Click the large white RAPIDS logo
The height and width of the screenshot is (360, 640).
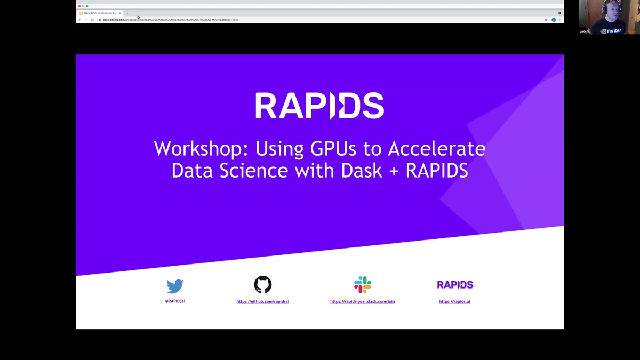click(319, 106)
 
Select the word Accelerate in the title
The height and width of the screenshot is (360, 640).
click(436, 148)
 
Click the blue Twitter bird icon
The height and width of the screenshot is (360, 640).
click(175, 286)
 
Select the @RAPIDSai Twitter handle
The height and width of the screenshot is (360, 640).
click(175, 301)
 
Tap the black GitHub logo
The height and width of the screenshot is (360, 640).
click(262, 285)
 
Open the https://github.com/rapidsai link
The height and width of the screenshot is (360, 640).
click(262, 301)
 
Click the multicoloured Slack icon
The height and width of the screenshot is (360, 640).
click(362, 285)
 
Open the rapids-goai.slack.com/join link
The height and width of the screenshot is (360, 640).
click(362, 301)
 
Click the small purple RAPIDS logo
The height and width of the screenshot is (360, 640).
click(455, 285)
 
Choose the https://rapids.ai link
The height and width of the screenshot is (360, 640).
click(454, 301)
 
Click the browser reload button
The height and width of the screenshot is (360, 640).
click(92, 20)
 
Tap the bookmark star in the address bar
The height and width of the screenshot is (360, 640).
click(546, 20)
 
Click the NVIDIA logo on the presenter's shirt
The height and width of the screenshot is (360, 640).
click(611, 31)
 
